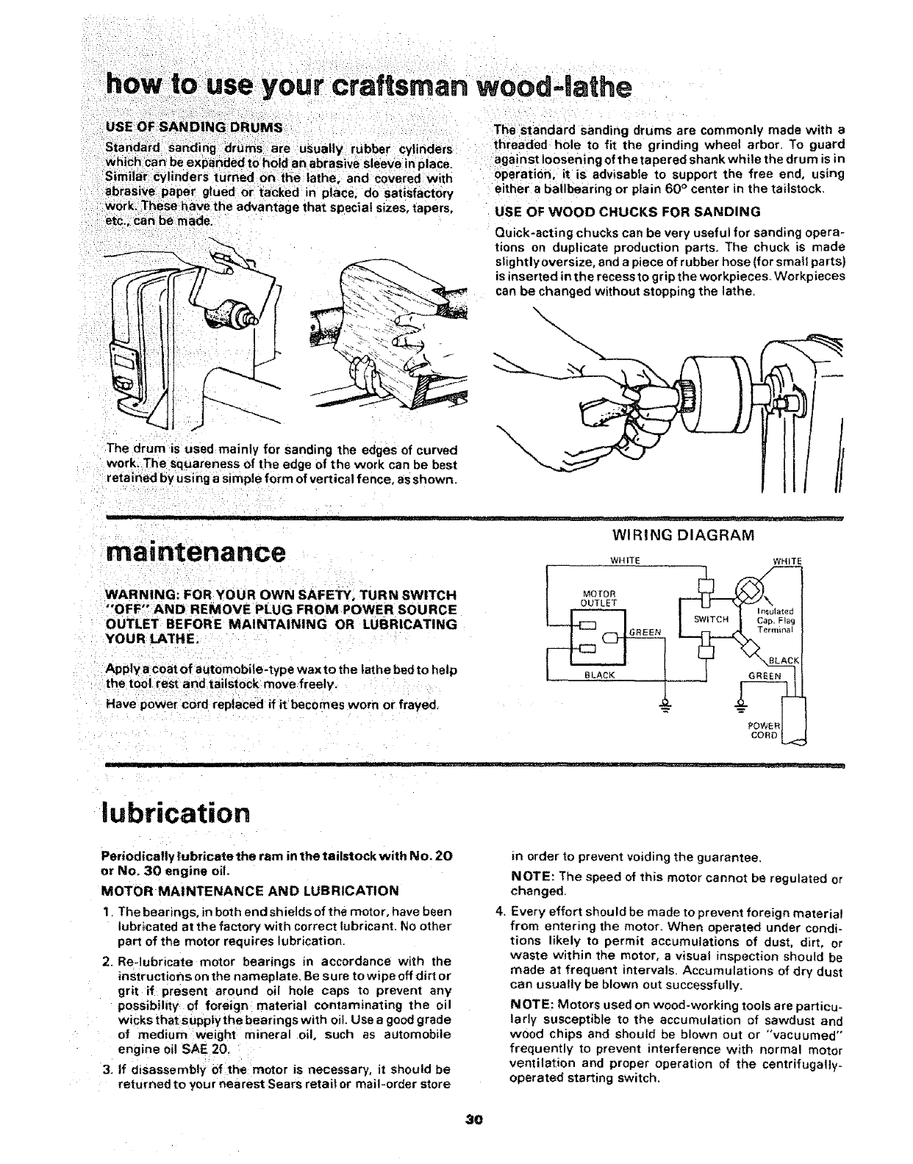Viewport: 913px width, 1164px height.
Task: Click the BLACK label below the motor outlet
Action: tap(598, 674)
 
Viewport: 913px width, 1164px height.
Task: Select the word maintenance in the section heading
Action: tap(194, 552)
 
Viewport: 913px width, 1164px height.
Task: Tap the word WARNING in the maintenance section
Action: tap(137, 594)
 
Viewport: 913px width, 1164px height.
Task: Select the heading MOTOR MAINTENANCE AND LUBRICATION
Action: tap(249, 891)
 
